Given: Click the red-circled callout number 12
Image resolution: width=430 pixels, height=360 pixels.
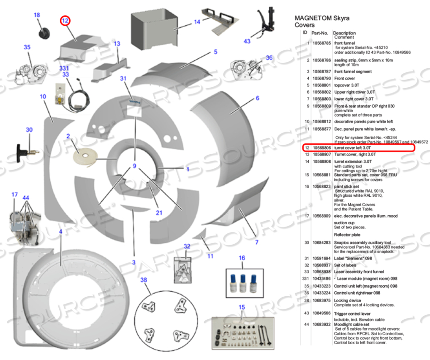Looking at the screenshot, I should [65, 20].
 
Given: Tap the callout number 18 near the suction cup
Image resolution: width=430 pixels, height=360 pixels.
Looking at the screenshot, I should [37, 15].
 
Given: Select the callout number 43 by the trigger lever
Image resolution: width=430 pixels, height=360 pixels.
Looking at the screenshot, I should [247, 41].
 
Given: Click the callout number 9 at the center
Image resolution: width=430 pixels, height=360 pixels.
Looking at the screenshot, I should [134, 166].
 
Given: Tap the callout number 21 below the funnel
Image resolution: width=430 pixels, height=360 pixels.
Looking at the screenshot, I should [159, 213].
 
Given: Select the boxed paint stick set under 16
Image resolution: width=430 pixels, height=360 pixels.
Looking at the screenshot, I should [244, 283].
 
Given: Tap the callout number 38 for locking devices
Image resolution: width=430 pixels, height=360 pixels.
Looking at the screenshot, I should [144, 280].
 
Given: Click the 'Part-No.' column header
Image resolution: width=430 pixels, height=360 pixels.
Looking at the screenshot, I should [320, 33].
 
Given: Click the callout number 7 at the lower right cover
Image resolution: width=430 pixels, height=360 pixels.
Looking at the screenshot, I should [257, 242].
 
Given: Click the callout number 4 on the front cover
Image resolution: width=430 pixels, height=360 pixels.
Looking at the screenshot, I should [60, 232].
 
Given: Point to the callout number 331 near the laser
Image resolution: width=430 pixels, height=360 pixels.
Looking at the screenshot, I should [65, 68].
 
